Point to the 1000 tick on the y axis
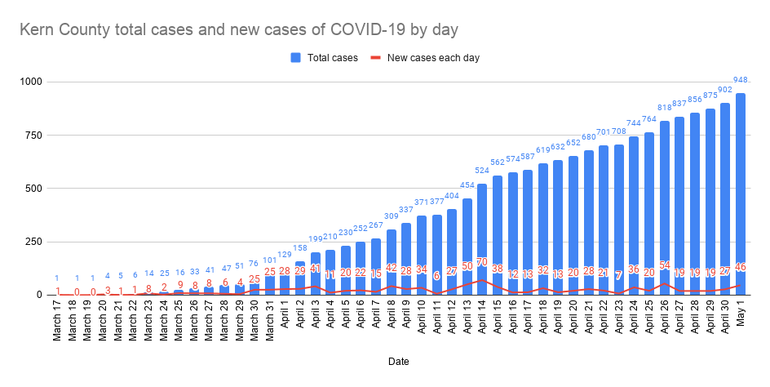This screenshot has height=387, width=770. click(x=32, y=82)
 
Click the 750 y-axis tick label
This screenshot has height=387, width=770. click(x=35, y=136)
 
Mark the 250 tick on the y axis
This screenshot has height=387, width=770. click(x=35, y=242)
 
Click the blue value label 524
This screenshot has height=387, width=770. click(x=483, y=171)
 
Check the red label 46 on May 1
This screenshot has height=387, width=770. click(x=741, y=267)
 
